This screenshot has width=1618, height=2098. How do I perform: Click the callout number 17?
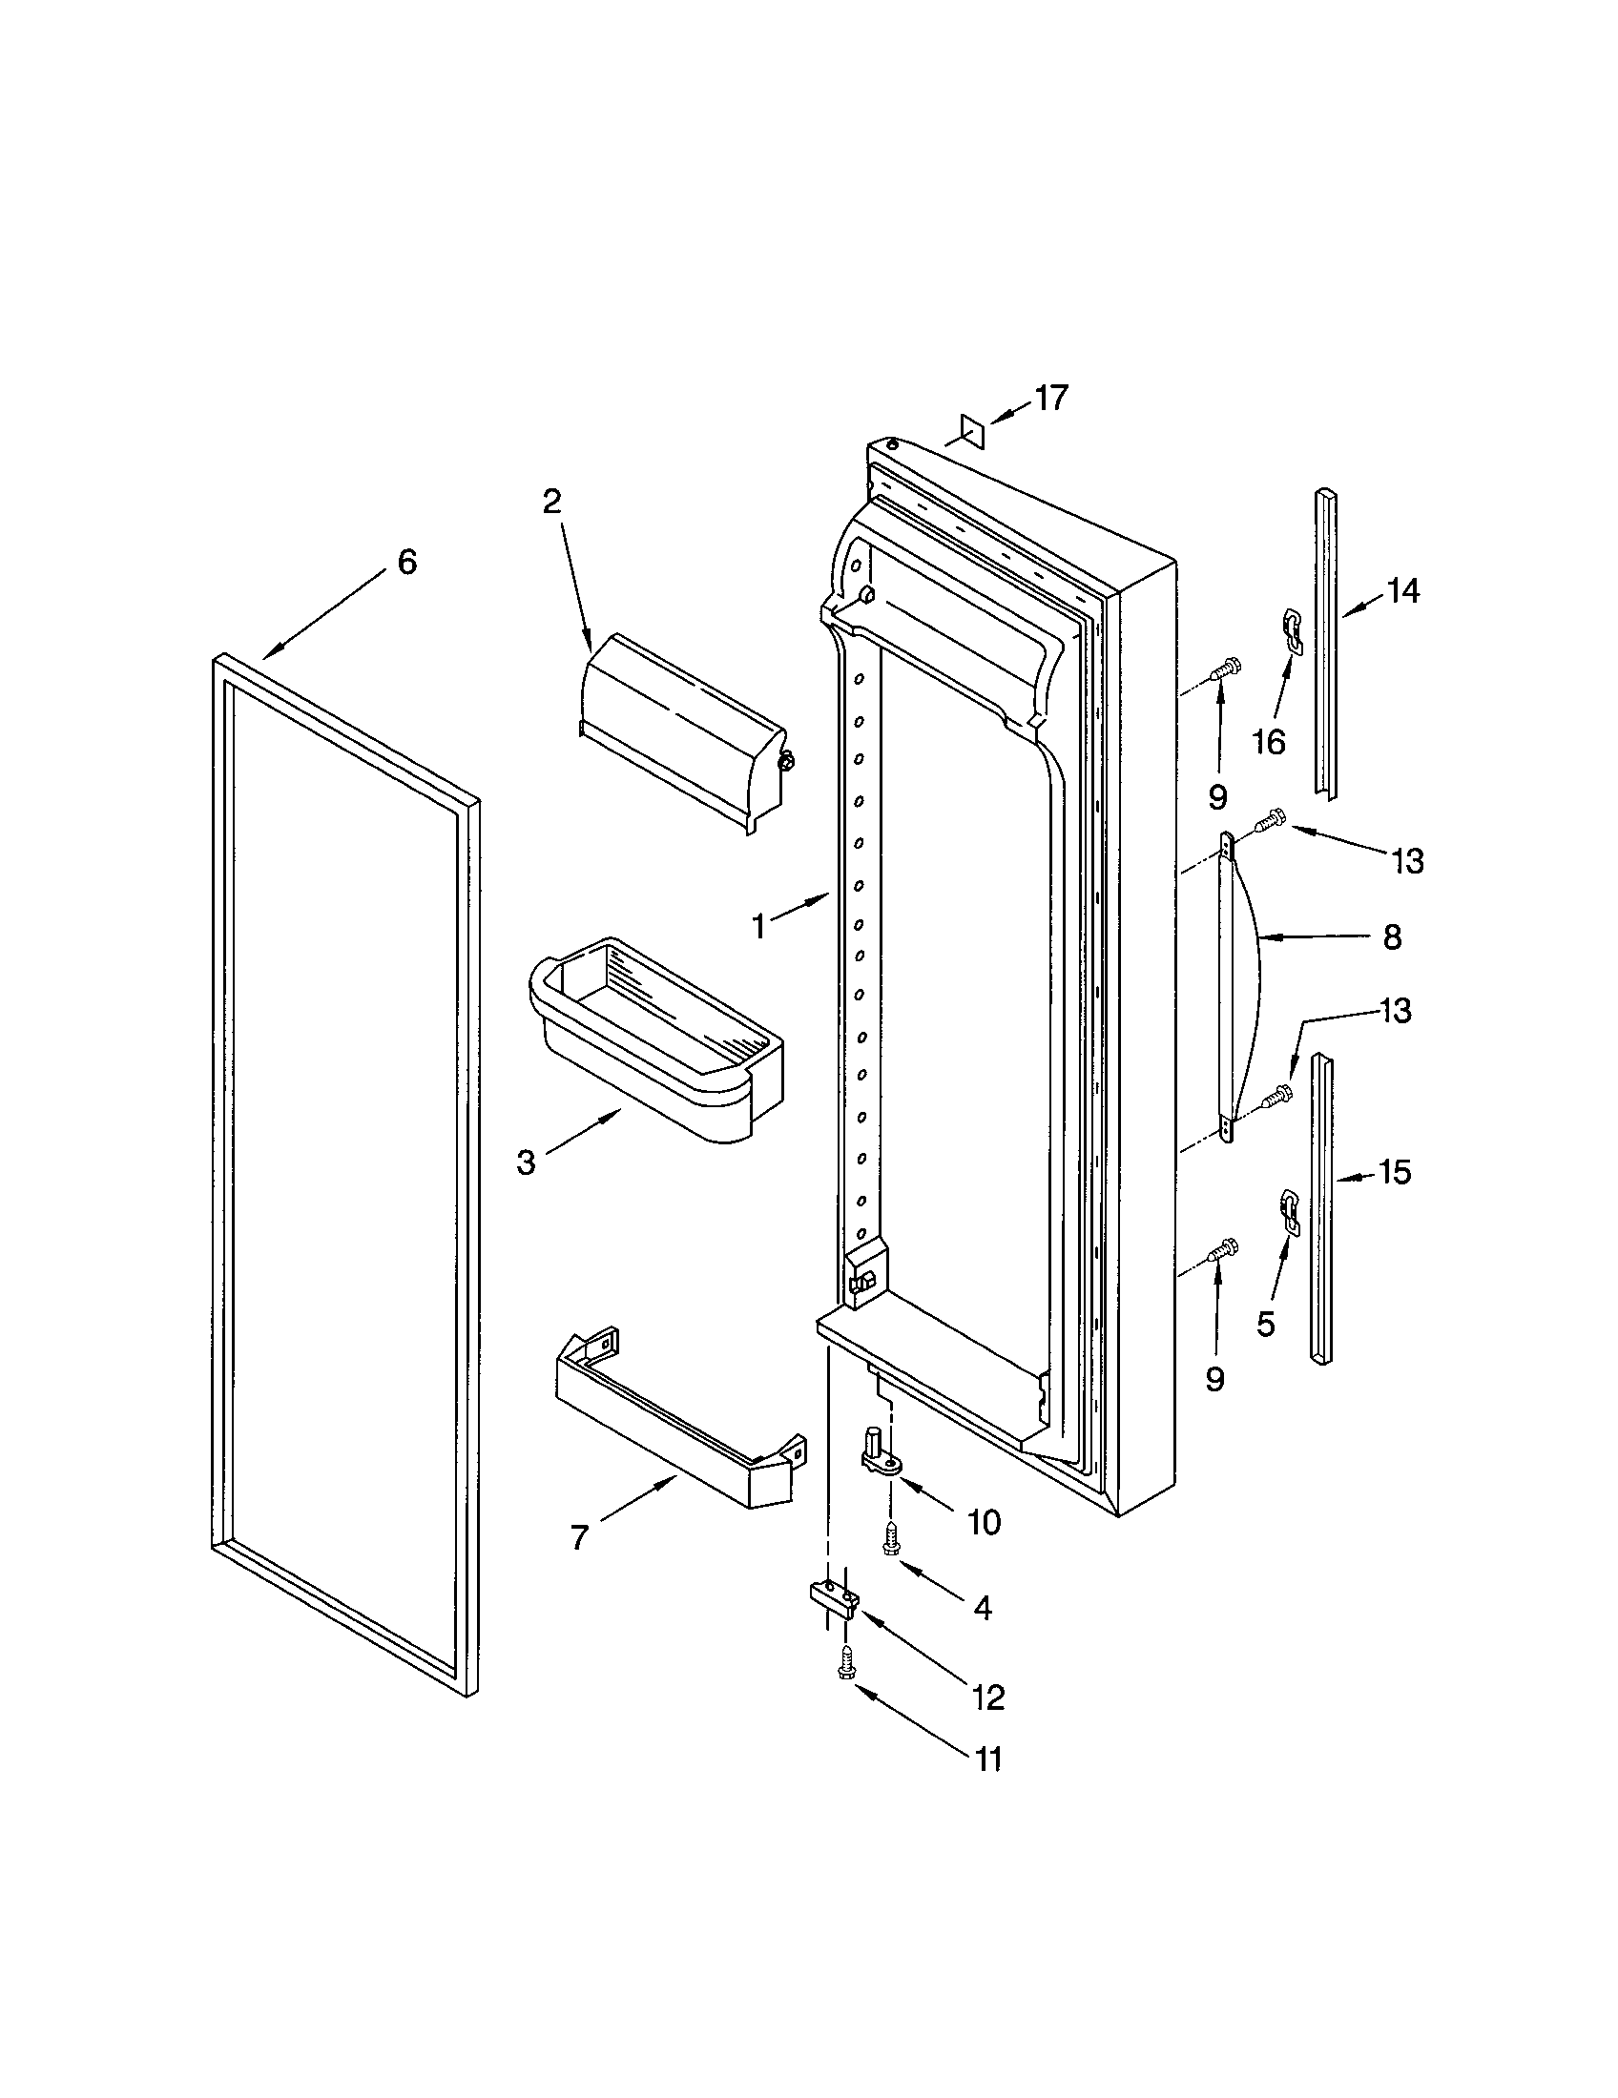click(1050, 398)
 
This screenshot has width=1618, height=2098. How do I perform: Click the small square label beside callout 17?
click(972, 431)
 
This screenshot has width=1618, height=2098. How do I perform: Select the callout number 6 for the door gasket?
click(407, 562)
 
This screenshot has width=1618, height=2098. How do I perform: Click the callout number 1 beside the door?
click(758, 926)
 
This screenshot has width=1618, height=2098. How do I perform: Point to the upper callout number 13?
click(1406, 862)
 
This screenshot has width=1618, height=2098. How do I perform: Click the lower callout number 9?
click(1214, 1380)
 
